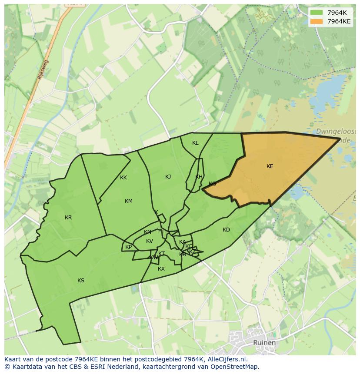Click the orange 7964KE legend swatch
(317, 21)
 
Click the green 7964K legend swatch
(317, 13)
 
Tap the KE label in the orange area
(270, 166)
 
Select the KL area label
(195, 143)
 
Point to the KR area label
(68, 218)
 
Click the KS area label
(81, 281)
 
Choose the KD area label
(226, 230)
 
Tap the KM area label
(129, 201)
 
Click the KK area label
(123, 178)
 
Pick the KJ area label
(168, 177)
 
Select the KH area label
(199, 177)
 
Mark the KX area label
(161, 269)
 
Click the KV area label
(150, 241)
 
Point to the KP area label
(129, 248)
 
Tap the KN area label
(147, 232)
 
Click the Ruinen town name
(264, 343)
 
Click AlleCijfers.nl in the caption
(227, 359)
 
